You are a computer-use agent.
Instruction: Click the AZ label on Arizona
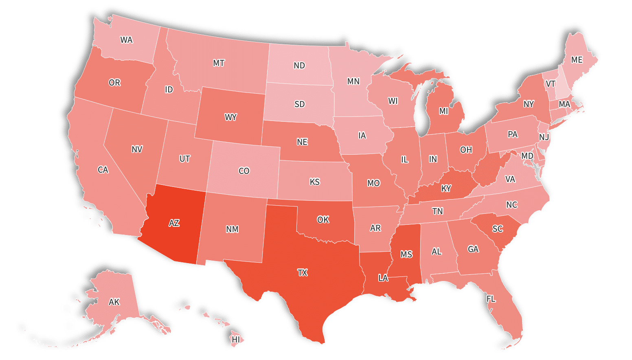click(174, 223)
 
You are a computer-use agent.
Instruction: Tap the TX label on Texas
click(302, 273)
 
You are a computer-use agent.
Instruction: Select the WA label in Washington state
click(126, 40)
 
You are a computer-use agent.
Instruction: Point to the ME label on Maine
click(577, 60)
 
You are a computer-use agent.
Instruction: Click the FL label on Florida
click(491, 299)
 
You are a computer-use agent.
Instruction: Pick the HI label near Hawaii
click(236, 339)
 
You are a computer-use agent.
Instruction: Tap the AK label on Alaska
click(114, 302)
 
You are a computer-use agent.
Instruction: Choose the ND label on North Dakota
click(299, 66)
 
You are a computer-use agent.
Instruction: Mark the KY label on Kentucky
click(446, 189)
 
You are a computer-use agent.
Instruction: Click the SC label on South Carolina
click(498, 229)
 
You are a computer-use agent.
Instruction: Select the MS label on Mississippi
click(406, 255)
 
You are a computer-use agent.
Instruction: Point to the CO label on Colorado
click(244, 171)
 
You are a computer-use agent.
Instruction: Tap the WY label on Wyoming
click(230, 117)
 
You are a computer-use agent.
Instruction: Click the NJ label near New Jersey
click(544, 137)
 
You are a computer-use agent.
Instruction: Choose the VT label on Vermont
click(551, 84)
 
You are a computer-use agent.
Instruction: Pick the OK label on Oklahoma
click(323, 220)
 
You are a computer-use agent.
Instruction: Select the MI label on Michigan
click(443, 111)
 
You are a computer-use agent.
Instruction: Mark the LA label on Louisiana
click(383, 278)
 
